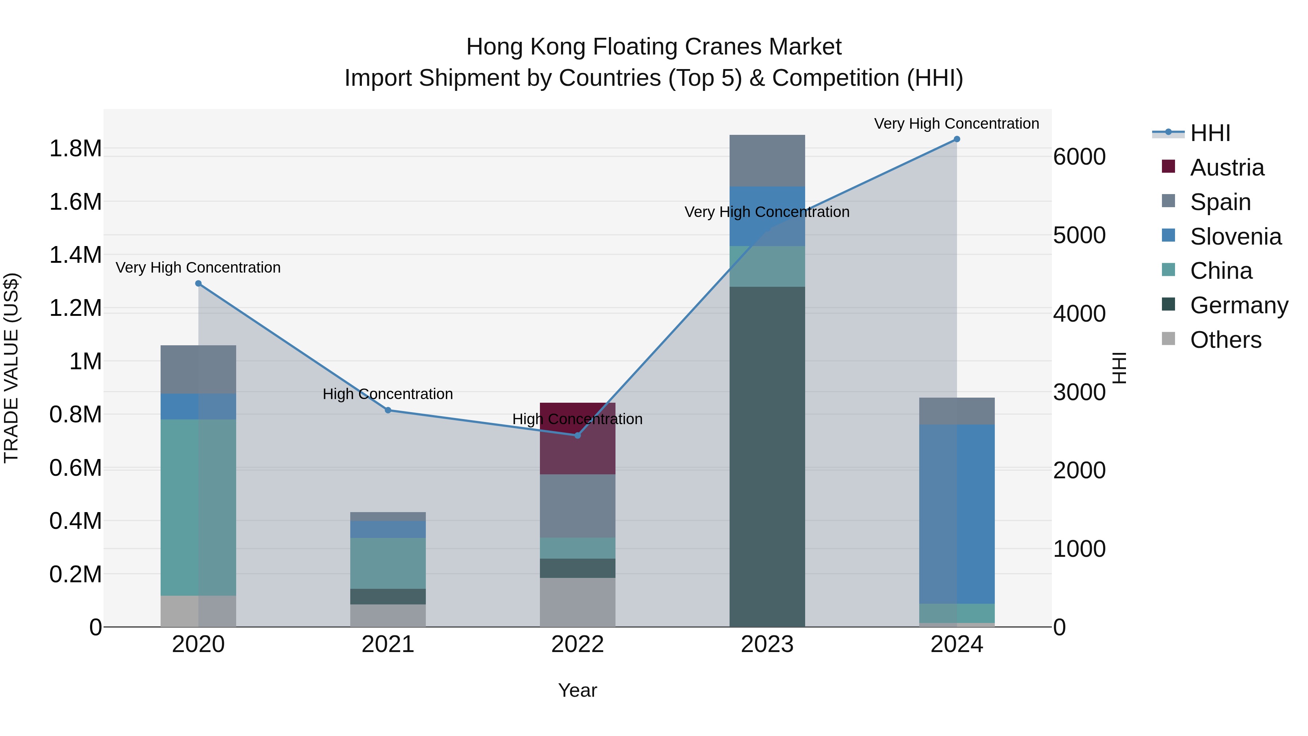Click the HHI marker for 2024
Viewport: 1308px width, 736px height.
coord(957,139)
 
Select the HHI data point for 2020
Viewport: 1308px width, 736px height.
coord(198,283)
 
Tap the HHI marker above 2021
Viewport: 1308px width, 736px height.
coord(388,410)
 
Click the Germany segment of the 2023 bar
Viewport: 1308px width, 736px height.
coord(767,457)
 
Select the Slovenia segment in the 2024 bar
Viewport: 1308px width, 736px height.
coord(957,513)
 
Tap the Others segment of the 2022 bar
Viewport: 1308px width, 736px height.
coord(577,602)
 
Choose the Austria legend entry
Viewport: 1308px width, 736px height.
coord(1226,168)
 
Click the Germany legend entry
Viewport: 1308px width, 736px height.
coord(1239,305)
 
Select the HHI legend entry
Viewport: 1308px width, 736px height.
coord(1210,133)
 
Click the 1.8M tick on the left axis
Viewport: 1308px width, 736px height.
coord(75,148)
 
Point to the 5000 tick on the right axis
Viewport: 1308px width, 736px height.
coord(1079,235)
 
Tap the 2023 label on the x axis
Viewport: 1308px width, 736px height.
coord(767,644)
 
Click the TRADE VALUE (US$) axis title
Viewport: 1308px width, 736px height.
coord(11,368)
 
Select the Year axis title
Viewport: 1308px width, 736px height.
coord(577,690)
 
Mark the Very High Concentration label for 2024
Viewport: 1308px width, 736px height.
coord(956,124)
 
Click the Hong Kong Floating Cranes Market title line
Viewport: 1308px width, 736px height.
coord(654,47)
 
